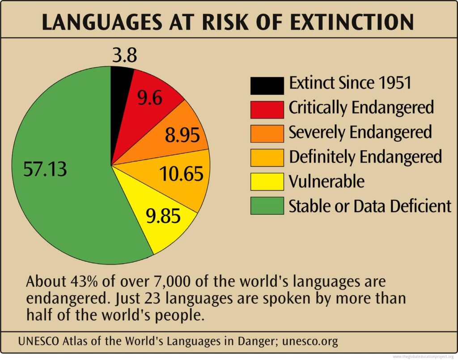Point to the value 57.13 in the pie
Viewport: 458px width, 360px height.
tap(45, 169)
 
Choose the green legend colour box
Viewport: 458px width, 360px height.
tap(267, 206)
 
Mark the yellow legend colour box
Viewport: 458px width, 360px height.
tap(267, 182)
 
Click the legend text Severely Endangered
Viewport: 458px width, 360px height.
tap(360, 132)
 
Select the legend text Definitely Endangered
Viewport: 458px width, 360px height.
tap(365, 157)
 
